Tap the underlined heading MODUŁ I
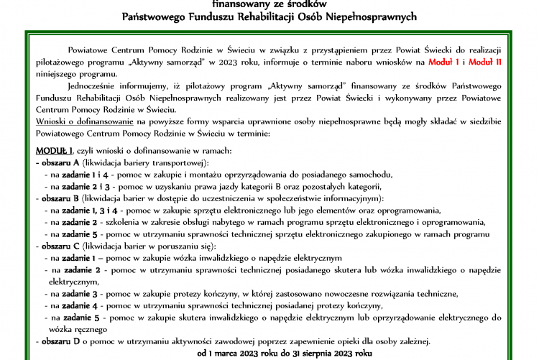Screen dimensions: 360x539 point(54,151)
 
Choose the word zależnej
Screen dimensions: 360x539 point(413,341)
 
